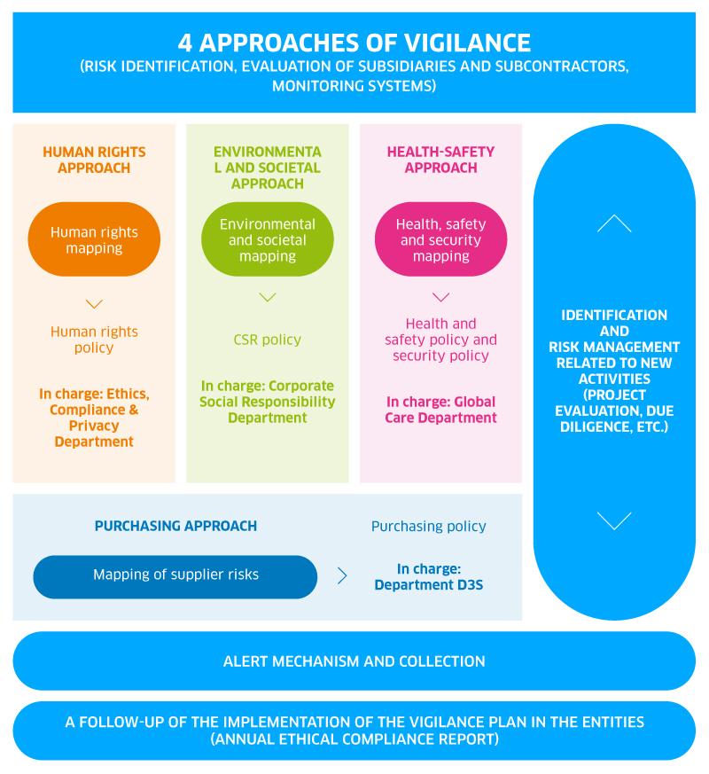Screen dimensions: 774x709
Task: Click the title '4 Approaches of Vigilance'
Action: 354,43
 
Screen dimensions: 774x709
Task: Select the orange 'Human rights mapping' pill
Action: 94,239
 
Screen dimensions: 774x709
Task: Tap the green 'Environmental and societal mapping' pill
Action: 268,239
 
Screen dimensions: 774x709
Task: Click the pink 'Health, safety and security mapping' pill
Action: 440,239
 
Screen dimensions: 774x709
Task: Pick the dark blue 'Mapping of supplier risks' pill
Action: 175,575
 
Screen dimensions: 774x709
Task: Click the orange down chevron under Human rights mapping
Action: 94,304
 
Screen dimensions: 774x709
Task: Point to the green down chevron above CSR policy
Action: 268,297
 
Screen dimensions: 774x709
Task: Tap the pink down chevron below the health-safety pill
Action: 440,297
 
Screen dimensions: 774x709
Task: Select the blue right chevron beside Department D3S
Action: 343,576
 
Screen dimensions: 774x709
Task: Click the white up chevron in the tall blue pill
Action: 614,224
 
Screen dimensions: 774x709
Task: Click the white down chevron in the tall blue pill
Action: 614,520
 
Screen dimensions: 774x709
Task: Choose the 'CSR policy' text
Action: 268,340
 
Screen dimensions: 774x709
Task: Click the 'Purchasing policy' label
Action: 428,527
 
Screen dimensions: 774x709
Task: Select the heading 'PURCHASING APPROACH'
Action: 175,526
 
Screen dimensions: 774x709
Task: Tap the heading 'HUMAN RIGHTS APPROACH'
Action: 94,160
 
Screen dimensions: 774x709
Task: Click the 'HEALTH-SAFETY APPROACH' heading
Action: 440,160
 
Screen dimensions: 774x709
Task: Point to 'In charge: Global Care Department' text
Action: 440,409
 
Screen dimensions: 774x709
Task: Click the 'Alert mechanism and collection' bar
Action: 354,661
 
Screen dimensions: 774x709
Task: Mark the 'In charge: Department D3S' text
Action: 428,576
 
